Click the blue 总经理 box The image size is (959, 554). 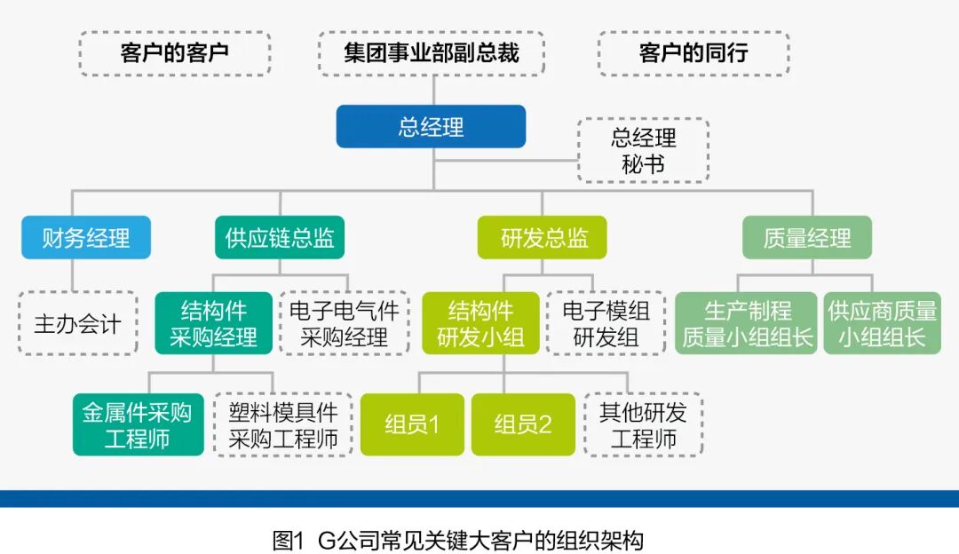coord(431,126)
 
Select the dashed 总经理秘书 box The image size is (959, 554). coord(643,150)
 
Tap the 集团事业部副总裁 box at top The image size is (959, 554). coord(431,52)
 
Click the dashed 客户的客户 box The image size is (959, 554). coord(174,52)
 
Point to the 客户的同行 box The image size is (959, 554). coord(693,52)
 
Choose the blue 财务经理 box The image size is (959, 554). coord(86,237)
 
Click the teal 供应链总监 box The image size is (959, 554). coord(280,237)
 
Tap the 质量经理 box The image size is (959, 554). coord(806,237)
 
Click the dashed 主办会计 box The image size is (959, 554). coord(77,323)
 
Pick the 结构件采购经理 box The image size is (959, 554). coord(214,323)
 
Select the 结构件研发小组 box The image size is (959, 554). coord(480,323)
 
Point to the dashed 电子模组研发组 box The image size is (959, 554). coord(606,323)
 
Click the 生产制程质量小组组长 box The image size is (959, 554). coord(746,323)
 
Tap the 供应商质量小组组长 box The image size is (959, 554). coord(882,323)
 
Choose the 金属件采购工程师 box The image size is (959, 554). coord(138,425)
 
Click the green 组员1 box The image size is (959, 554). coord(412,424)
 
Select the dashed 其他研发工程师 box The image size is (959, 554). coord(643,425)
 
